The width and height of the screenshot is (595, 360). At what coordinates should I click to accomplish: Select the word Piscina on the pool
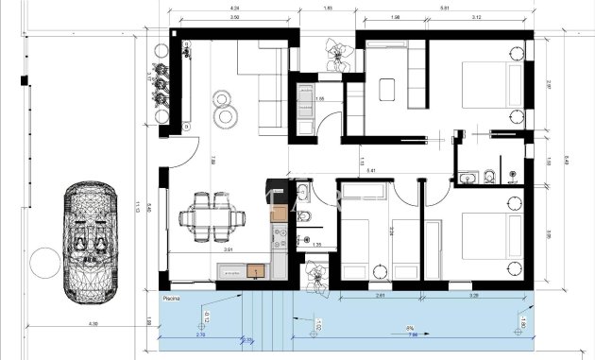[171, 297]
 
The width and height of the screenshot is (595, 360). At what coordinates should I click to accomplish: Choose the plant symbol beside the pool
[314, 275]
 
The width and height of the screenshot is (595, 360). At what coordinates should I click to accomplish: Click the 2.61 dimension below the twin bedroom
[379, 296]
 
